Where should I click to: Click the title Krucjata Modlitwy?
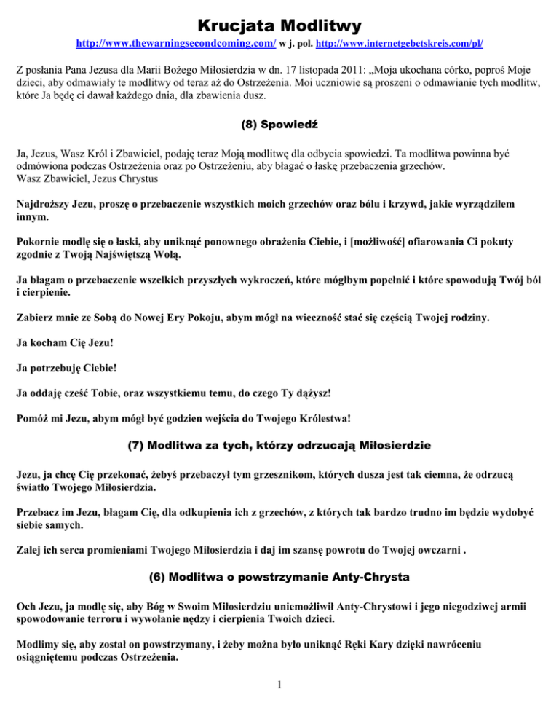[279, 26]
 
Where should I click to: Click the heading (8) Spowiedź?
[279, 125]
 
